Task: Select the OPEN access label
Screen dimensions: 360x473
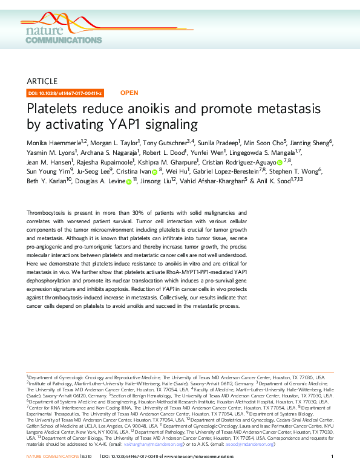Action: coord(129,93)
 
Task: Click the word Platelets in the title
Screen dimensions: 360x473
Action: coord(56,110)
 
